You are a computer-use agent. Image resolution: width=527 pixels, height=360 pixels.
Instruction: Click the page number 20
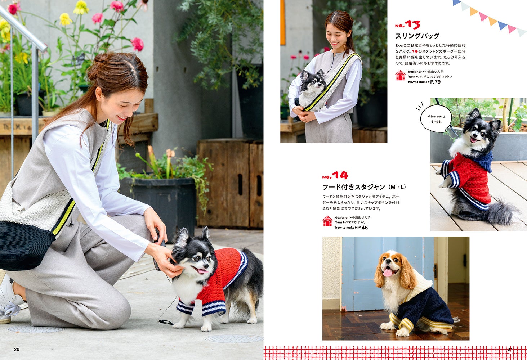(17, 350)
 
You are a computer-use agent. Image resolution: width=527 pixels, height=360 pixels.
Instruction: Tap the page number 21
(510, 350)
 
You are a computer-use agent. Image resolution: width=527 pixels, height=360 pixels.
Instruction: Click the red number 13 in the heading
(412, 24)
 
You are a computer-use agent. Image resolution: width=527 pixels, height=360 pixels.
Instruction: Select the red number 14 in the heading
(340, 175)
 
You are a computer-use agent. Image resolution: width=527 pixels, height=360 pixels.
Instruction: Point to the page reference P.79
(436, 82)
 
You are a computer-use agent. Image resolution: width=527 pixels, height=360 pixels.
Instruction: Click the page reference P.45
(362, 228)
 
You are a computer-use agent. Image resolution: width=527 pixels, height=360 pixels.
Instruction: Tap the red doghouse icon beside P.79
(401, 76)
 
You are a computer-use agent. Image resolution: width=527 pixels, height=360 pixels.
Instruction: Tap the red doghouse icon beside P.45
(327, 221)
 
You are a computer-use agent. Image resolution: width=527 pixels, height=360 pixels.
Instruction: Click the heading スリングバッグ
(417, 36)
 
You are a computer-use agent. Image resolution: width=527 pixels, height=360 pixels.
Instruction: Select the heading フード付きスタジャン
(354, 187)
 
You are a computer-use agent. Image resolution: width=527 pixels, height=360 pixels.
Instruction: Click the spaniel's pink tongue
(388, 273)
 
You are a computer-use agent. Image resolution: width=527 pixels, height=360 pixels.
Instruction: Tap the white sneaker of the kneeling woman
(9, 299)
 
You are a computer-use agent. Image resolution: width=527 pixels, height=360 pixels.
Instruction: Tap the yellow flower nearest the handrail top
(66, 19)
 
